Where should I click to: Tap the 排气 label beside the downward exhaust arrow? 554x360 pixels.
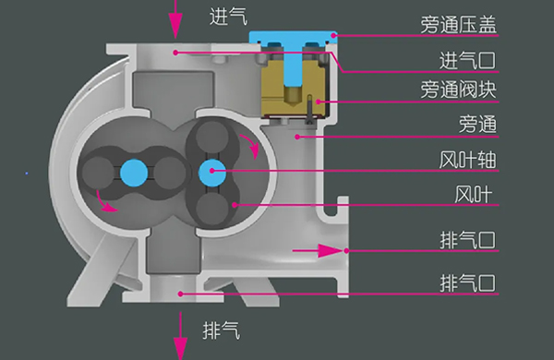(x=220, y=327)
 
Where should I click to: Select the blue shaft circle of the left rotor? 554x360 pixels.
(x=133, y=171)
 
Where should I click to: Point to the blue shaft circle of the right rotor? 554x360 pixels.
(x=212, y=170)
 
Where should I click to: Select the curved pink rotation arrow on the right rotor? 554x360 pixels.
(x=249, y=143)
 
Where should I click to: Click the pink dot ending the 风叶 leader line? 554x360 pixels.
(x=236, y=204)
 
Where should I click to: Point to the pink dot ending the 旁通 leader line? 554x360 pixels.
(x=297, y=136)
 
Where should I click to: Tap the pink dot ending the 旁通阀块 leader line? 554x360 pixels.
(x=320, y=101)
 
